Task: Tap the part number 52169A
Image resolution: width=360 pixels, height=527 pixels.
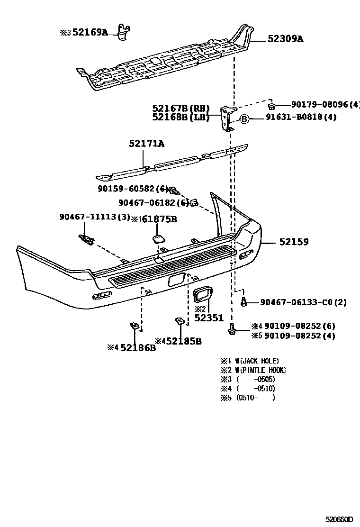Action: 90,32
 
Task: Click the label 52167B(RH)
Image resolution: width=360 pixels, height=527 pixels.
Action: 180,109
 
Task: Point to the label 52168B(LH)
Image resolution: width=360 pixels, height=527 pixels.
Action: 180,117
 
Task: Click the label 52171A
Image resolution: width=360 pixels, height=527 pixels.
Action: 146,143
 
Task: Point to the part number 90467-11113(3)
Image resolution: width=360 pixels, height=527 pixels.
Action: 94,217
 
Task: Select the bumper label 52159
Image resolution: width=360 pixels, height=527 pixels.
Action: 294,242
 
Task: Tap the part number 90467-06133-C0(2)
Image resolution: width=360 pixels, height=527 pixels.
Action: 303,302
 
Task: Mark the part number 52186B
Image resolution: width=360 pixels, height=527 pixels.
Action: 138,348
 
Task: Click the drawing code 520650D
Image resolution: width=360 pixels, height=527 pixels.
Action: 340,520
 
